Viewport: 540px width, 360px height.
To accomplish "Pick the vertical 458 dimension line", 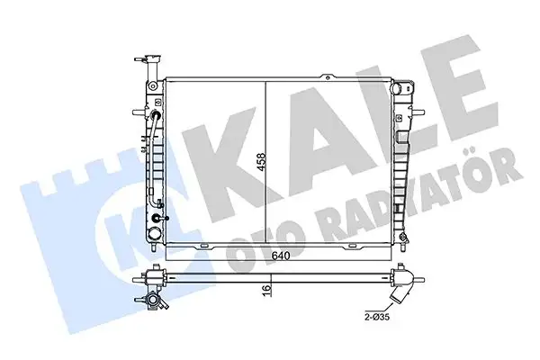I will [266, 162].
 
